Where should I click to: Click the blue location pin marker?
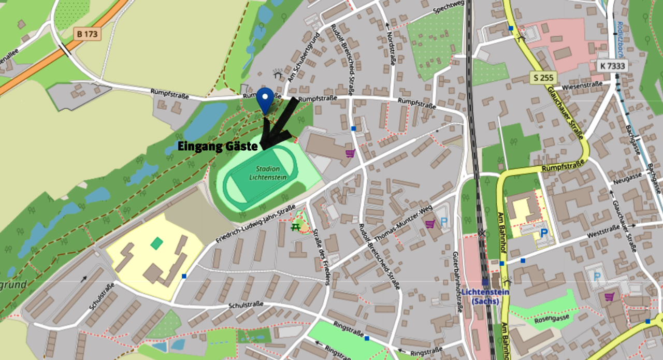266,98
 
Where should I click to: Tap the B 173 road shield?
87,34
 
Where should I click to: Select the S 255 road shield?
542,78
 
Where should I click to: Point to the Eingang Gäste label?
218,147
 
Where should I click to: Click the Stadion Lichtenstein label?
268,173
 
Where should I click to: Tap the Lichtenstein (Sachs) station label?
486,296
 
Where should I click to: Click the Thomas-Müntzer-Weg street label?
398,226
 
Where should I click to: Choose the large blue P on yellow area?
544,233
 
